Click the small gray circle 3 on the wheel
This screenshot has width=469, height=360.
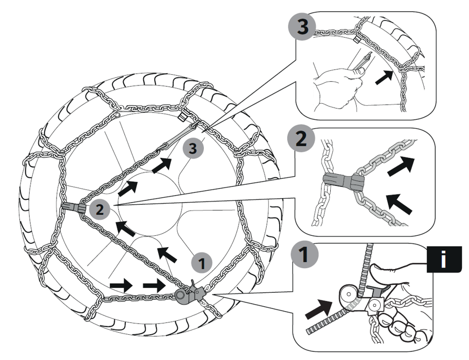tap(193, 149)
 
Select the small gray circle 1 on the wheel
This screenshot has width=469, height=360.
tap(201, 263)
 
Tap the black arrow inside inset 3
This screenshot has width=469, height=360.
tap(384, 76)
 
